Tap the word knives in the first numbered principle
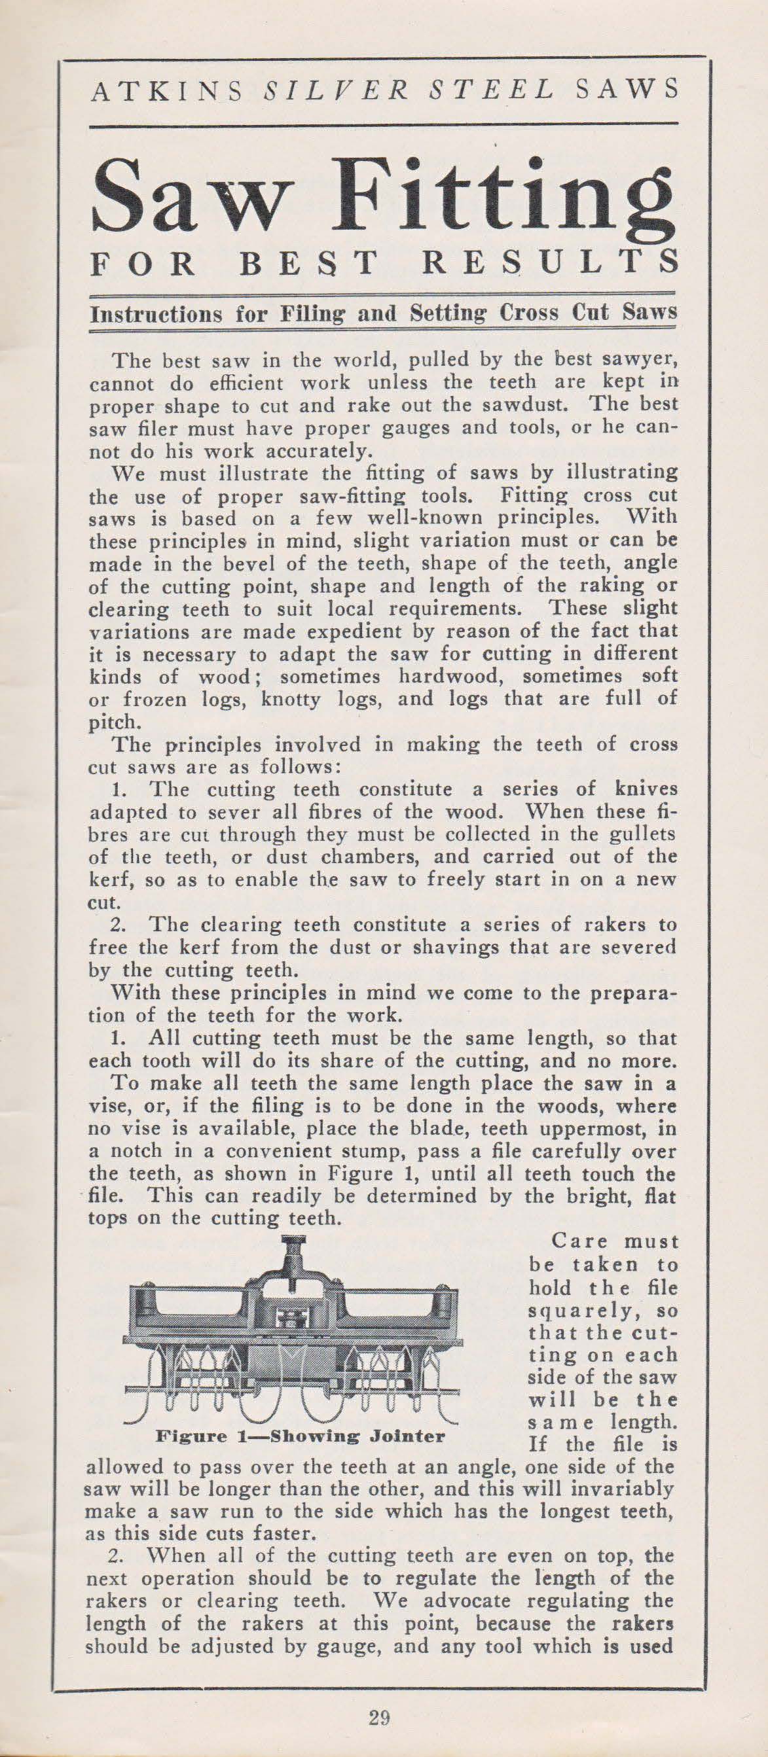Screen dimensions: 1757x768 click(644, 789)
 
